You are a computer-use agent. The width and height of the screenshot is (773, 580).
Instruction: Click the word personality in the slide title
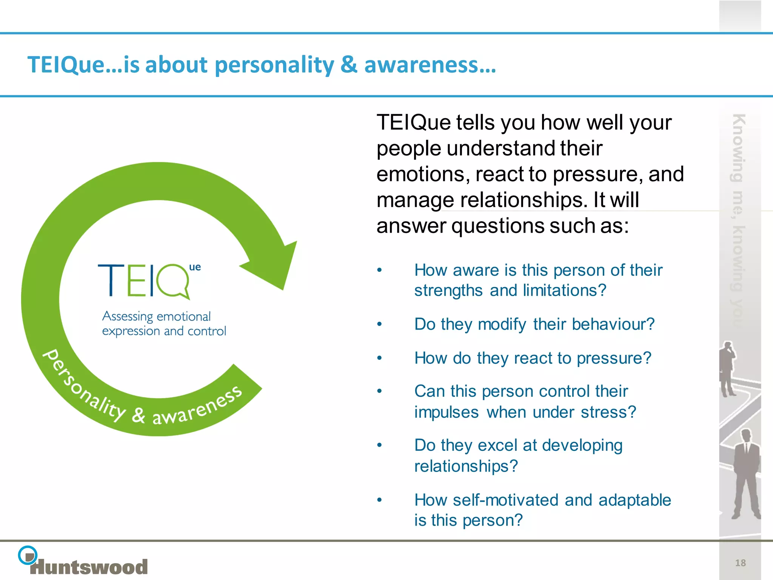(274, 65)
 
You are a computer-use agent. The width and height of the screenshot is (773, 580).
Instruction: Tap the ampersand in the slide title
(348, 64)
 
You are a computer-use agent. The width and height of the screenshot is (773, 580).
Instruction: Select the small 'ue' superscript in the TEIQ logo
(195, 267)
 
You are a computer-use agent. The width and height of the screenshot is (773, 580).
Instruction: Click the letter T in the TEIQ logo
(111, 280)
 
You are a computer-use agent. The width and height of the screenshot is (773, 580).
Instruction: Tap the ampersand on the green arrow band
(138, 415)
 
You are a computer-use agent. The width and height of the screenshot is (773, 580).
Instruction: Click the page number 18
(740, 563)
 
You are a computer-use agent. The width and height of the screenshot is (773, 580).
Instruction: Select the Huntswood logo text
(89, 567)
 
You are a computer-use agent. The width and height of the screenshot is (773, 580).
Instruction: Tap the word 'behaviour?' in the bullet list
(613, 324)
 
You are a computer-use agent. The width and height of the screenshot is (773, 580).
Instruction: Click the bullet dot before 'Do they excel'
(379, 445)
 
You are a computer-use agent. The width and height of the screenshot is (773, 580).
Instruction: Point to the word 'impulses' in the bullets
(446, 412)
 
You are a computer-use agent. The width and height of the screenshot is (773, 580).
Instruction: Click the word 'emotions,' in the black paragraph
(423, 174)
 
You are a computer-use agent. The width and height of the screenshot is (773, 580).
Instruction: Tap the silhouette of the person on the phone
(727, 368)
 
